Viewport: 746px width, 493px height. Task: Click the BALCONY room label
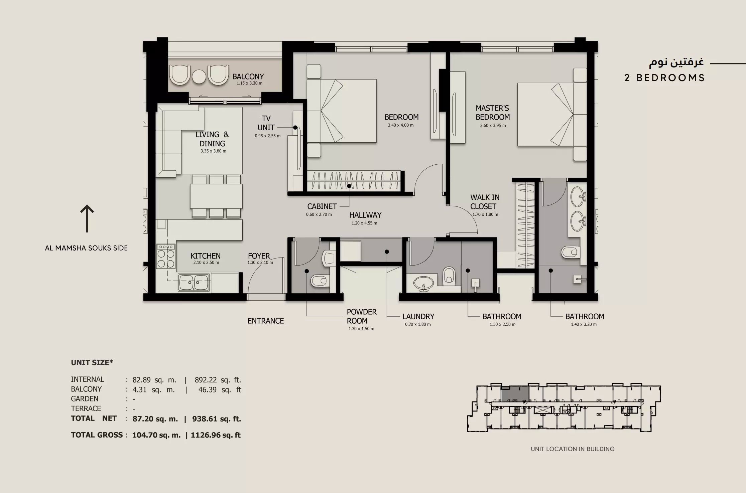(248, 76)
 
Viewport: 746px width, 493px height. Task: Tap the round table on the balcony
(199, 76)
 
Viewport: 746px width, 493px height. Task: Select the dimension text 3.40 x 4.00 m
(400, 125)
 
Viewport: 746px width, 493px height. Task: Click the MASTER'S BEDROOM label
(492, 113)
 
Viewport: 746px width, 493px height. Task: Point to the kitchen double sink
(194, 283)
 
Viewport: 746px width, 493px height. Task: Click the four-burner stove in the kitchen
(166, 256)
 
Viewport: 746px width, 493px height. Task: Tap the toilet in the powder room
(319, 281)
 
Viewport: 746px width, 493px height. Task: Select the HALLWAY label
(365, 215)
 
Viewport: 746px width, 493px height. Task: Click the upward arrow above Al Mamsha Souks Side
(87, 218)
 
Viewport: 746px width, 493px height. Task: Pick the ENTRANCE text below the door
(265, 321)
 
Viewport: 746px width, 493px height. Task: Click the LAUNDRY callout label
(418, 316)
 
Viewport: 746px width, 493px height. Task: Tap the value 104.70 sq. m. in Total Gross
(156, 435)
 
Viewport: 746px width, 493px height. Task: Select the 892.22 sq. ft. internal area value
(218, 380)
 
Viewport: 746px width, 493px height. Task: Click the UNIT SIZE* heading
(92, 362)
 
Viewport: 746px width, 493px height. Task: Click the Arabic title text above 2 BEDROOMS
(676, 62)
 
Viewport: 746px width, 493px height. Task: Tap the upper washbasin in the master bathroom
(578, 197)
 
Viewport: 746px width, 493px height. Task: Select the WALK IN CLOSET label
(485, 202)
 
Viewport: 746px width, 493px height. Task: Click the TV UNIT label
(266, 123)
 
